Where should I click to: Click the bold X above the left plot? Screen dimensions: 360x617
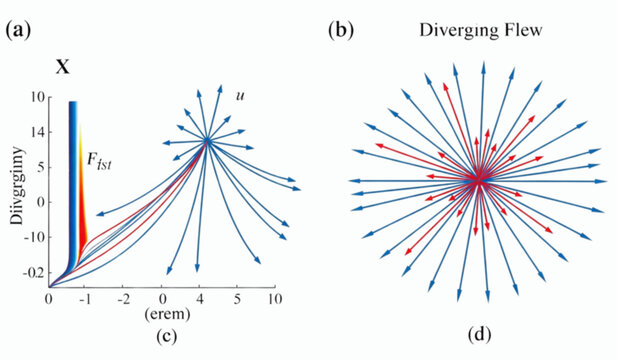coord(63,70)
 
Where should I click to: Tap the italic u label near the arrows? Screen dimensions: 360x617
coord(240,95)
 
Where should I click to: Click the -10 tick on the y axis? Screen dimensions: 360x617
coord(35,237)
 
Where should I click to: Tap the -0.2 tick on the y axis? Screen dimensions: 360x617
coord(33,272)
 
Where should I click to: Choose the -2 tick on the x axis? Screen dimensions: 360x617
coord(125,299)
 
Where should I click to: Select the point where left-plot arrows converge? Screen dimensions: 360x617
coord(207,140)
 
